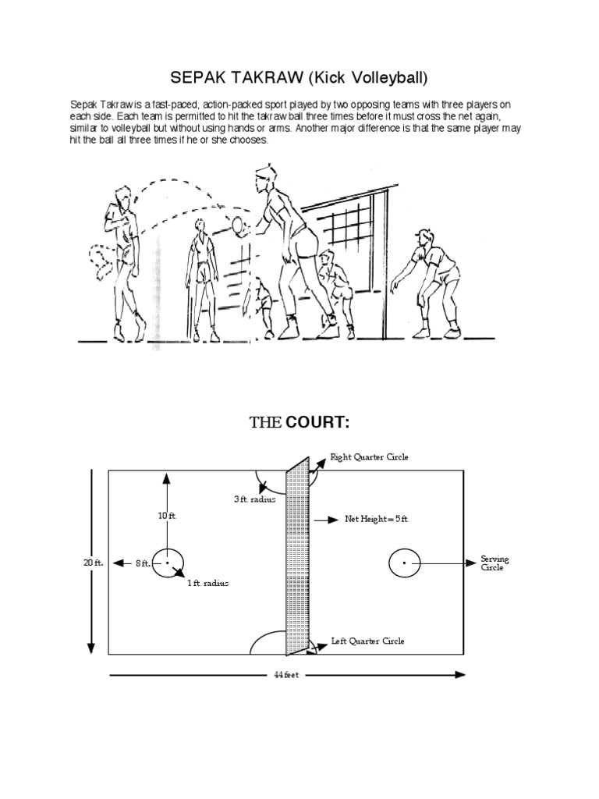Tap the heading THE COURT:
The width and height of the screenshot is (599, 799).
(x=299, y=424)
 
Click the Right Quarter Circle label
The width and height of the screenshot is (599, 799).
(x=369, y=457)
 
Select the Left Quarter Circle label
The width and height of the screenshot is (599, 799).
(x=367, y=641)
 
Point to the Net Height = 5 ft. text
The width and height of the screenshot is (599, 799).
(x=376, y=518)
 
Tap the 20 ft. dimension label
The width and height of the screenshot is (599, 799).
(x=94, y=562)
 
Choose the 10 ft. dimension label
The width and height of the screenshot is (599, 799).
(x=167, y=516)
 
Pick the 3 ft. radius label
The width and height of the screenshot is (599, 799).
(x=255, y=499)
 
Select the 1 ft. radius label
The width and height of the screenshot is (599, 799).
(x=207, y=583)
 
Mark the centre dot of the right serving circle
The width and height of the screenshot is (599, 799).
(x=403, y=562)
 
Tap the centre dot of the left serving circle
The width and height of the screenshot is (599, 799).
(x=167, y=562)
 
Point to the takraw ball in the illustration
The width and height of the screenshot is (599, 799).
(x=238, y=225)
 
